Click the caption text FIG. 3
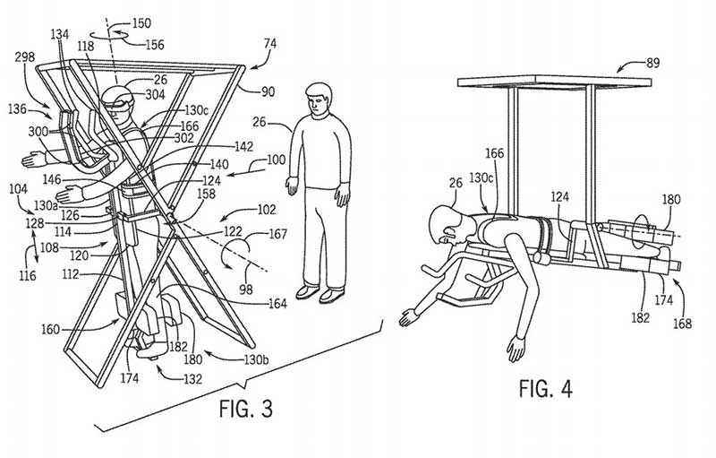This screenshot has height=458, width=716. point(245,408)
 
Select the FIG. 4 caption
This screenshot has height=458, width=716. point(545,389)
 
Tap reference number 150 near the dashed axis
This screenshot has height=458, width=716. point(141,22)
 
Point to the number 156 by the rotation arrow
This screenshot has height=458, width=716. point(155,44)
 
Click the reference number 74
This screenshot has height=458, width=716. point(270,43)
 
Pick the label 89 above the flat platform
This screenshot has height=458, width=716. point(653,63)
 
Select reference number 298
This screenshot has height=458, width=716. point(25,57)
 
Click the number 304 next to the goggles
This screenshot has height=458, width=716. point(155,95)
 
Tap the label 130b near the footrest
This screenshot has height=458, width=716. point(256,359)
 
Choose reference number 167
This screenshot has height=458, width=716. point(277,234)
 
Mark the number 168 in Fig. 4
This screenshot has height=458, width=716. point(682,324)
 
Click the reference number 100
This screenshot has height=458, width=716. point(276,160)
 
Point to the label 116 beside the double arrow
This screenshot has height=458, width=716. point(28,276)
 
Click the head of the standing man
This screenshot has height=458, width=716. point(319,99)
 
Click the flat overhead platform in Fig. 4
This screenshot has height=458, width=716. point(554,82)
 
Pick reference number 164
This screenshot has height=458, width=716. point(277,303)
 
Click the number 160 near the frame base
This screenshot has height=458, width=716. point(51,329)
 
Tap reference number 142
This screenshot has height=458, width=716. point(243,146)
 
